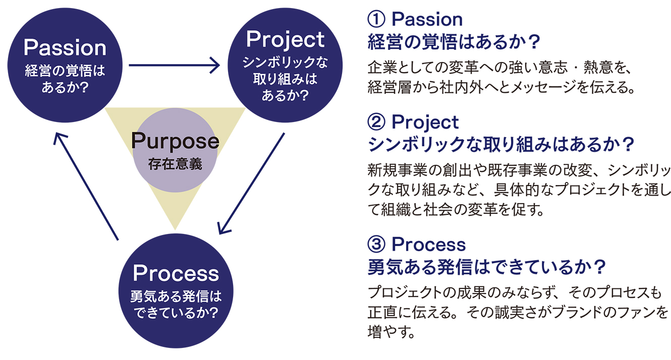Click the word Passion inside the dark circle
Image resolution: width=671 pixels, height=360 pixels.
[x=65, y=47]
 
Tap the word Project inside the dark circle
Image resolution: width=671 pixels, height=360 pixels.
[x=285, y=40]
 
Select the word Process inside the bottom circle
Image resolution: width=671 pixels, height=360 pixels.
[x=176, y=273]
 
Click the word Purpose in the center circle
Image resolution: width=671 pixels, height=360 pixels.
[x=175, y=141]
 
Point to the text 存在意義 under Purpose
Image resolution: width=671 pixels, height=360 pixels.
[x=175, y=164]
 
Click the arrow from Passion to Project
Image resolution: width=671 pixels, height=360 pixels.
[x=175, y=65]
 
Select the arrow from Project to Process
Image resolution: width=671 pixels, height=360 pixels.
[x=252, y=184]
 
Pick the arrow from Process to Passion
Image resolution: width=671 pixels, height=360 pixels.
[x=86, y=186]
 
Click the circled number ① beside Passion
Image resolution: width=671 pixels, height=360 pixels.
[x=376, y=20]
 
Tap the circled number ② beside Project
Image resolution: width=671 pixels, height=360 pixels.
[x=376, y=123]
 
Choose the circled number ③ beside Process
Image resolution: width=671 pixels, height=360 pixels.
[x=376, y=244]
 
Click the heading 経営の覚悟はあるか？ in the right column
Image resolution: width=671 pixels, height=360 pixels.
[x=454, y=42]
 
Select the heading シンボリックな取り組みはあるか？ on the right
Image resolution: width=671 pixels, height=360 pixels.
[x=501, y=145]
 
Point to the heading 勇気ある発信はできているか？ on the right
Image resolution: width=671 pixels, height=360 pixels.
[x=487, y=267]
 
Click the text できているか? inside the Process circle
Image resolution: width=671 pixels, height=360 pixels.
[x=176, y=313]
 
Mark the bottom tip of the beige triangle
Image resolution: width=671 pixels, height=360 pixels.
[x=175, y=230]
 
